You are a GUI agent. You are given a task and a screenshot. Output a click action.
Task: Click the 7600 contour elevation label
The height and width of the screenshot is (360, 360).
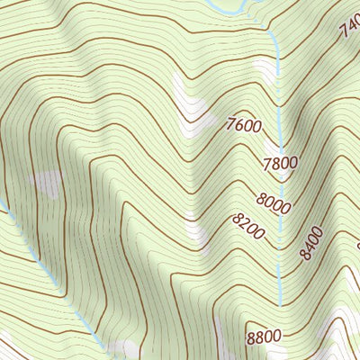(x=244, y=125)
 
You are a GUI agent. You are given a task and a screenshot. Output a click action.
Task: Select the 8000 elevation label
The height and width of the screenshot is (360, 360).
(x=272, y=205)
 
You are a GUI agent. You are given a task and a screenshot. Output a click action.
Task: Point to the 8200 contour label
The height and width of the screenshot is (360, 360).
(x=247, y=227)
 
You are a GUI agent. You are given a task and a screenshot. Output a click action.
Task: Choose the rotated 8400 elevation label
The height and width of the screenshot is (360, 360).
(x=311, y=244)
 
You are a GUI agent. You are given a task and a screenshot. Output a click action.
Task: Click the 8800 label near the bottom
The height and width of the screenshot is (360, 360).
(x=264, y=337)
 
